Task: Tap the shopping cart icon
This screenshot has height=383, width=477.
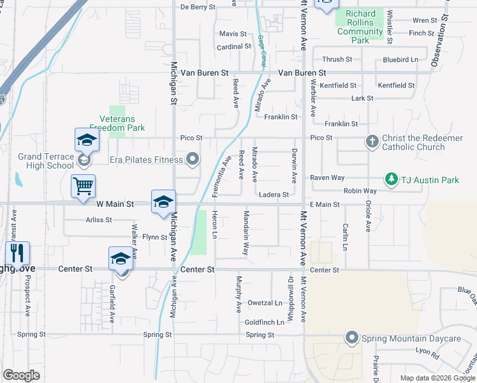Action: click(83, 186)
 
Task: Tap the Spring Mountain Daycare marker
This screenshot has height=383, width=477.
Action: click(351, 338)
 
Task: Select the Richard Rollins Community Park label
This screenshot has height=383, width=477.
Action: click(360, 27)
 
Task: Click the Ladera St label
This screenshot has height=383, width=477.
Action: click(274, 195)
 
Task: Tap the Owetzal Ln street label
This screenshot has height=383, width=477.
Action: click(265, 303)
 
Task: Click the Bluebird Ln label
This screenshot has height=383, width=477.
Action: click(400, 59)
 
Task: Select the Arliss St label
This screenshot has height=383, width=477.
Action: click(98, 220)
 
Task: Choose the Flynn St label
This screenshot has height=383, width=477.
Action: click(154, 237)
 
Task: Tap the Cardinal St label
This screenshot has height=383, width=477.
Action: click(234, 47)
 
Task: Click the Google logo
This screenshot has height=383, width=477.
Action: click(21, 375)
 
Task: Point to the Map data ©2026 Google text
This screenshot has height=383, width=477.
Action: click(437, 378)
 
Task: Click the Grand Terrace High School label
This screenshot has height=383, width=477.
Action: click(46, 161)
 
